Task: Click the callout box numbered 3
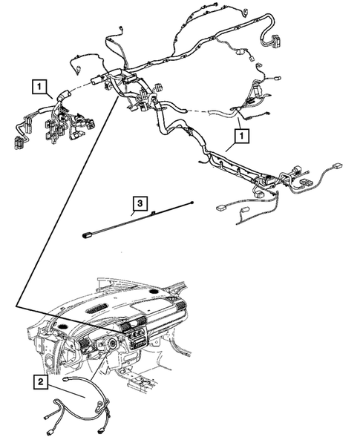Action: tap(137, 201)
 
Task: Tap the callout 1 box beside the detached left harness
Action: tap(38, 86)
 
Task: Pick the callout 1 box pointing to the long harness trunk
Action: tap(239, 136)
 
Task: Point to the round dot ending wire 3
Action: tap(192, 202)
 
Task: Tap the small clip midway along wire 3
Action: tap(153, 214)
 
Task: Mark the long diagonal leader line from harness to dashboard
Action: tap(67, 200)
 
